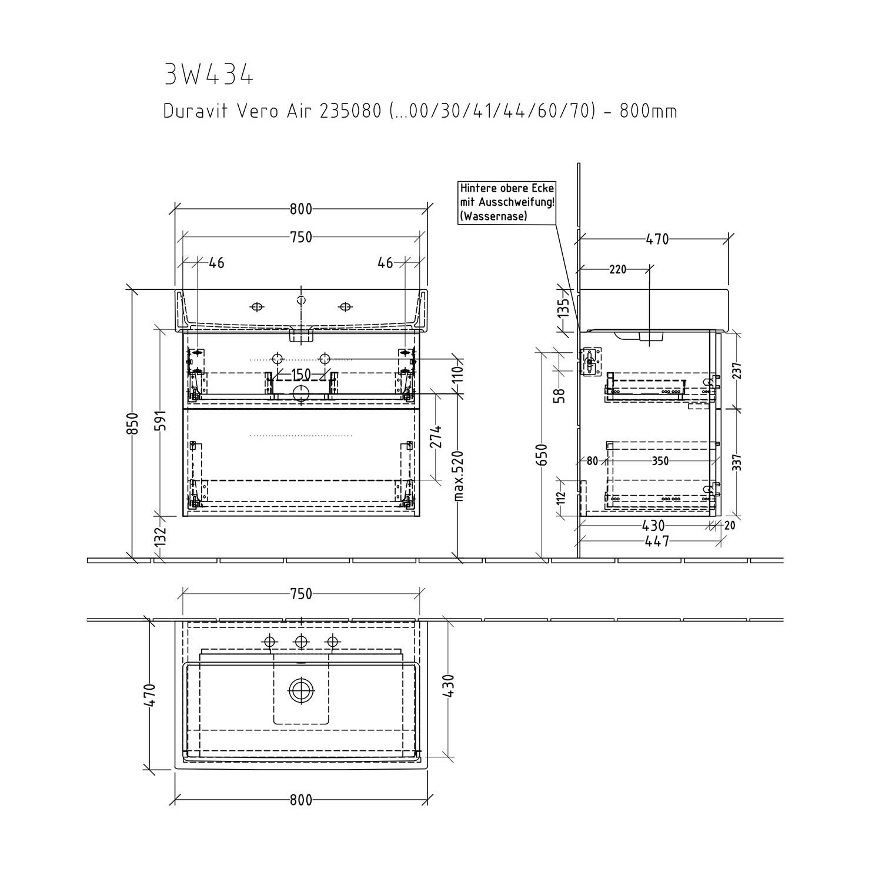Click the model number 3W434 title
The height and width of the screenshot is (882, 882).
209,75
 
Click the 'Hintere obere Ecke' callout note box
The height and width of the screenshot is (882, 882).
507,202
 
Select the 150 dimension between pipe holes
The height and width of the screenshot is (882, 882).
300,375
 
